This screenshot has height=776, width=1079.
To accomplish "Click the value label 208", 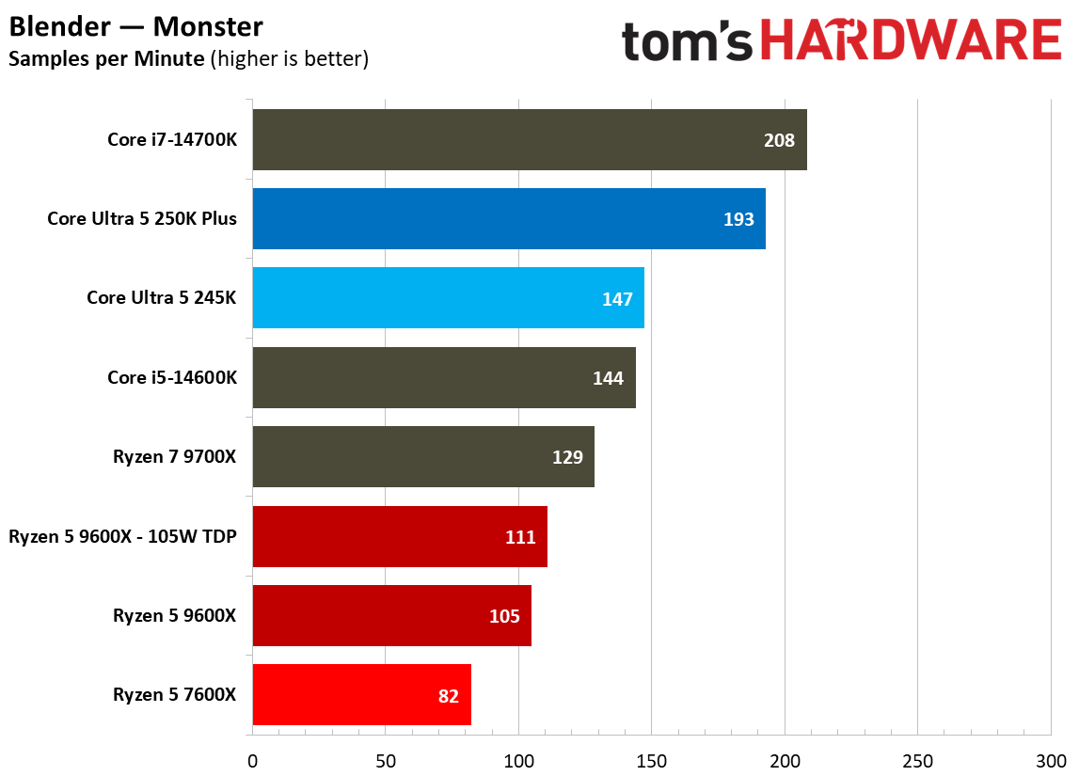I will [x=779, y=140].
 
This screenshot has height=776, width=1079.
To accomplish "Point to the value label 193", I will [x=738, y=219].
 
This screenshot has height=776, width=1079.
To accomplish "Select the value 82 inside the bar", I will [x=448, y=696].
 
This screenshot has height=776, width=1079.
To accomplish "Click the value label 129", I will [x=567, y=457].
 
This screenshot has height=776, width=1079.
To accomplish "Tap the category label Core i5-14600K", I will [x=172, y=377].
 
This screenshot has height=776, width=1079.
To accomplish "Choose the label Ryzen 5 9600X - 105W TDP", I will [x=122, y=537].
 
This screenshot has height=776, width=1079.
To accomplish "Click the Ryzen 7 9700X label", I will [x=174, y=457].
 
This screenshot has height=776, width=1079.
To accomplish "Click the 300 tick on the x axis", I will [x=1050, y=759].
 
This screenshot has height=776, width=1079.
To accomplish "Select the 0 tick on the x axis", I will [x=252, y=759].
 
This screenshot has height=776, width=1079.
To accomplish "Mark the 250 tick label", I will [x=917, y=759].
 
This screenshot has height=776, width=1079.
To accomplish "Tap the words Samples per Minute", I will [x=106, y=59].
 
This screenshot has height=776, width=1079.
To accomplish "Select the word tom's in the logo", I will [x=688, y=42].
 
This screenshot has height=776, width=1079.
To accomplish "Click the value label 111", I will [x=519, y=537].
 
